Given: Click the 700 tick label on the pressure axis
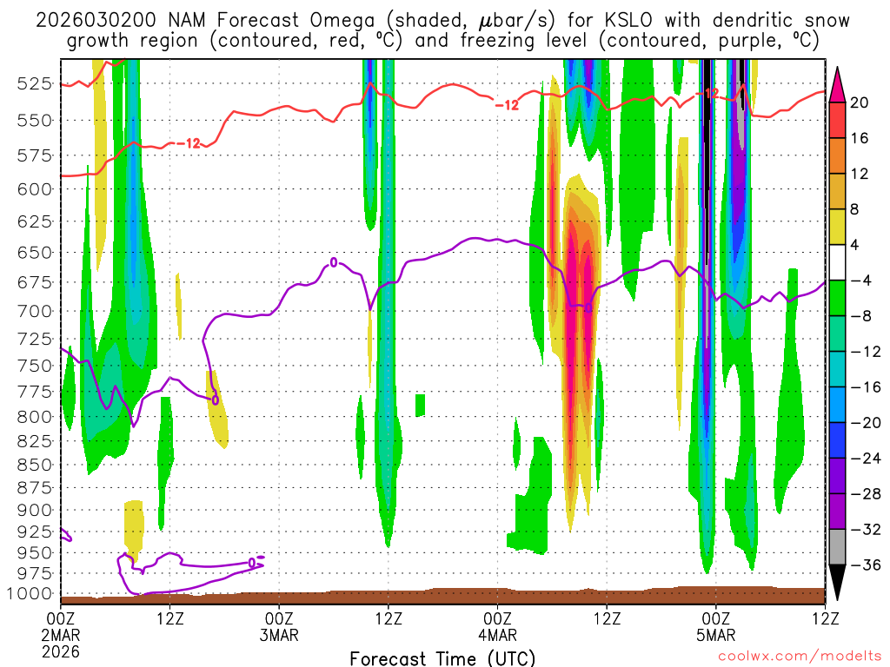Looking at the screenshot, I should point(33,310).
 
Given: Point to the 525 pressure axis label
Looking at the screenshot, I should point(33,83).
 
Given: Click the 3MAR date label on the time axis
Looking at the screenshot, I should point(279,635).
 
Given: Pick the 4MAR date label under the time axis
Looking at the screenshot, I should point(497,635).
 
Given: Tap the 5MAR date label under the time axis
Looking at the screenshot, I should point(715,635).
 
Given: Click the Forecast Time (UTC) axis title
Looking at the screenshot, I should point(442,657).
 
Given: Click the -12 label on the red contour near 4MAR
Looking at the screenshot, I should point(507,105).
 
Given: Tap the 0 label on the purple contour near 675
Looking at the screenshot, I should point(333,261).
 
